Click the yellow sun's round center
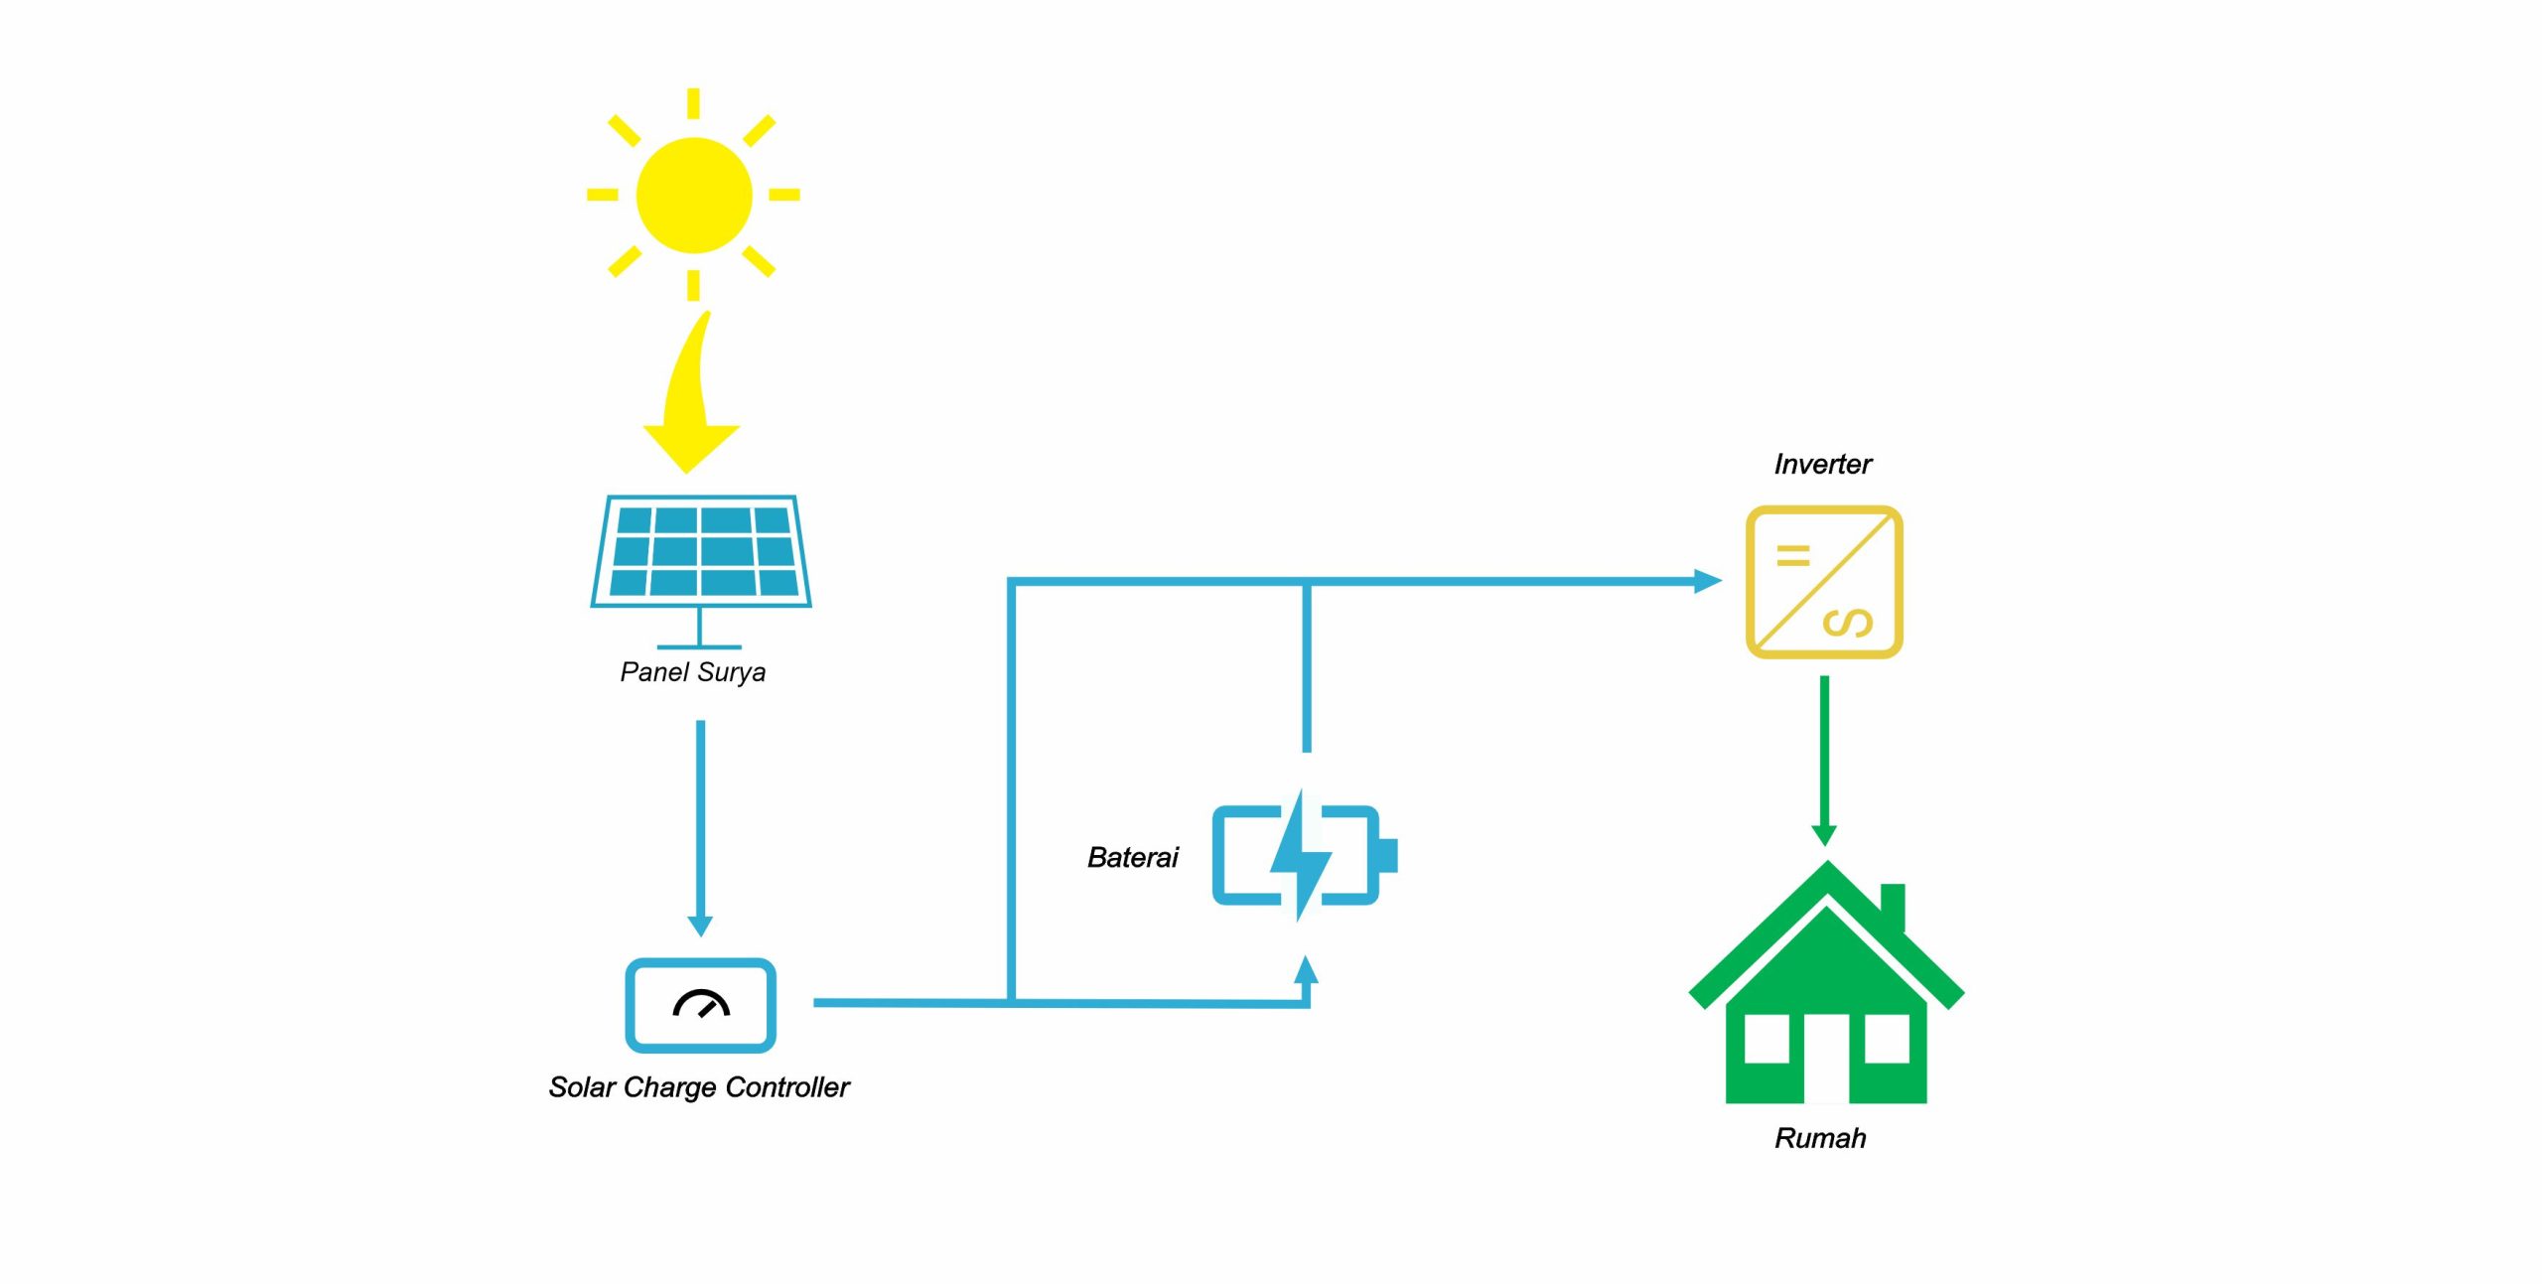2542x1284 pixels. pyautogui.click(x=693, y=195)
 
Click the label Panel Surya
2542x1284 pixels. pyautogui.click(x=692, y=672)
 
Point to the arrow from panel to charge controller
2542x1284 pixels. pyautogui.click(x=700, y=824)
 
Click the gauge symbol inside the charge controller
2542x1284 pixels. pyautogui.click(x=701, y=1004)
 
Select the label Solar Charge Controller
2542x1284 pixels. pyautogui.click(x=699, y=1087)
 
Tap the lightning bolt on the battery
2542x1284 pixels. pyautogui.click(x=1300, y=855)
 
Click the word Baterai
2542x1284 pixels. pyautogui.click(x=1132, y=858)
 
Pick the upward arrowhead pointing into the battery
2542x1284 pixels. pyautogui.click(x=1307, y=970)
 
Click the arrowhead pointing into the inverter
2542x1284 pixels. pyautogui.click(x=1707, y=581)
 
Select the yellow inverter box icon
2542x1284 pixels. pyautogui.click(x=1824, y=582)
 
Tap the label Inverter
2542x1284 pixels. pyautogui.click(x=1822, y=465)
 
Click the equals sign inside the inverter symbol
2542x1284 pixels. pyautogui.click(x=1792, y=556)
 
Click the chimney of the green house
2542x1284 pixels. pyautogui.click(x=1893, y=904)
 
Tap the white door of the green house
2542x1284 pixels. pyautogui.click(x=1826, y=1058)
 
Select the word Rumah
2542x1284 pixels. pyautogui.click(x=1820, y=1138)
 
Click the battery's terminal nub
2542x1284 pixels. pyautogui.click(x=1388, y=855)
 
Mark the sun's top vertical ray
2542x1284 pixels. pyautogui.click(x=693, y=103)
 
